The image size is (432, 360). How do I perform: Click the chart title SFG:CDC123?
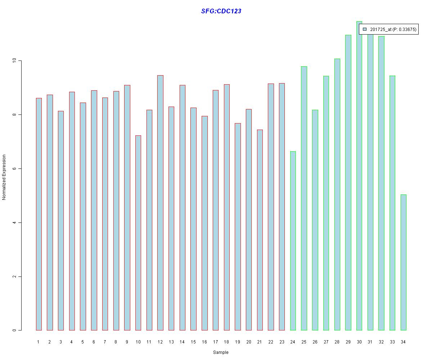click(x=221, y=11)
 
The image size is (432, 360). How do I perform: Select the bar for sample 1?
click(x=39, y=214)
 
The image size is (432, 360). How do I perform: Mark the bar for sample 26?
click(x=315, y=220)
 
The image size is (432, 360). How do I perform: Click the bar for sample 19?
click(x=238, y=226)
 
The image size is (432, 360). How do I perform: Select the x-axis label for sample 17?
click(x=215, y=342)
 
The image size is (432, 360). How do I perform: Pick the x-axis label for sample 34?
click(x=403, y=342)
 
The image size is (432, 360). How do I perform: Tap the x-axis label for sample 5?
click(x=83, y=342)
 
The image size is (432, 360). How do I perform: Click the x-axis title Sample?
click(x=221, y=352)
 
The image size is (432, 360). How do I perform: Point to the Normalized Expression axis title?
click(x=4, y=177)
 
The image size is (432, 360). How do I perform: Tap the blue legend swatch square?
click(x=365, y=29)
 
